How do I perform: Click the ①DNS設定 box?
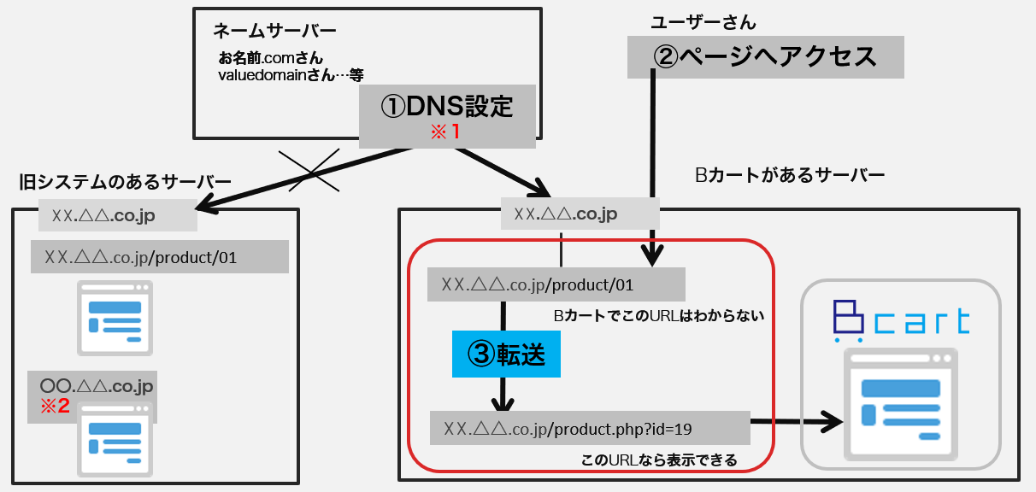click(x=446, y=107)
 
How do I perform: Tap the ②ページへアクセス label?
click(x=765, y=56)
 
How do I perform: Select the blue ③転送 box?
click(x=505, y=353)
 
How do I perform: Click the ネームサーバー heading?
click(x=274, y=32)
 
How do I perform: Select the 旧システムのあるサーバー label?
click(x=125, y=182)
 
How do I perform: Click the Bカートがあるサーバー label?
click(x=790, y=176)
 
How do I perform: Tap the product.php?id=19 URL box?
click(x=590, y=427)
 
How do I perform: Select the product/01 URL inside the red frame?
click(x=556, y=284)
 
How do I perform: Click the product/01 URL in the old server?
click(x=159, y=256)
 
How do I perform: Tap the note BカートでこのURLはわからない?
click(x=657, y=316)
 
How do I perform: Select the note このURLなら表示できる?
click(x=658, y=461)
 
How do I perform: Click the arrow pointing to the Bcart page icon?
click(x=795, y=419)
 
